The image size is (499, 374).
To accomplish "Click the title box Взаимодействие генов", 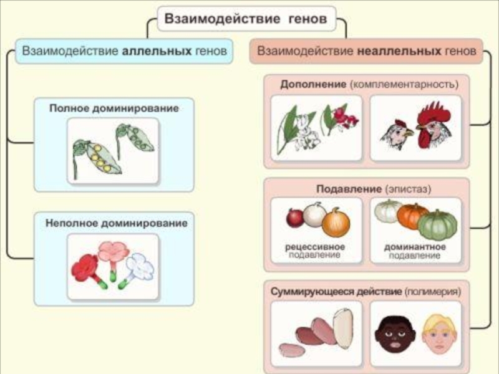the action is pos(246,19).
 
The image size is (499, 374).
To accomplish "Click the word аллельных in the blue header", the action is pos(157,51).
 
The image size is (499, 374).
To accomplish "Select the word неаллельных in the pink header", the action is pos(399,51).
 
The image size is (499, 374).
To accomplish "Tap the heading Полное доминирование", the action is pos(114,108).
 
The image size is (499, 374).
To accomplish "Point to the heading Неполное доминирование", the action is pos(116,223).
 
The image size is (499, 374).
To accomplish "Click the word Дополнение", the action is pos(313,84).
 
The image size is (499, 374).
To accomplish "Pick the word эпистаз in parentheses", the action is pos(408,189).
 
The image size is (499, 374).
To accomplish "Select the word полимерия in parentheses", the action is pos(432,292).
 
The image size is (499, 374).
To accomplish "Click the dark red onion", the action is pos(295,218).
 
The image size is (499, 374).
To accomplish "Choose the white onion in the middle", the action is pos(314,214).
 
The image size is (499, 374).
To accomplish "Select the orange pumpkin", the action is pos(412,215).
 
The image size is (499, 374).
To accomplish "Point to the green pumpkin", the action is pos(438,226).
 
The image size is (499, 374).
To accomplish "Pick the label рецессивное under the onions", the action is pos(315,247).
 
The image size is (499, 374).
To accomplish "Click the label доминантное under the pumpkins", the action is pos(415,247).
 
